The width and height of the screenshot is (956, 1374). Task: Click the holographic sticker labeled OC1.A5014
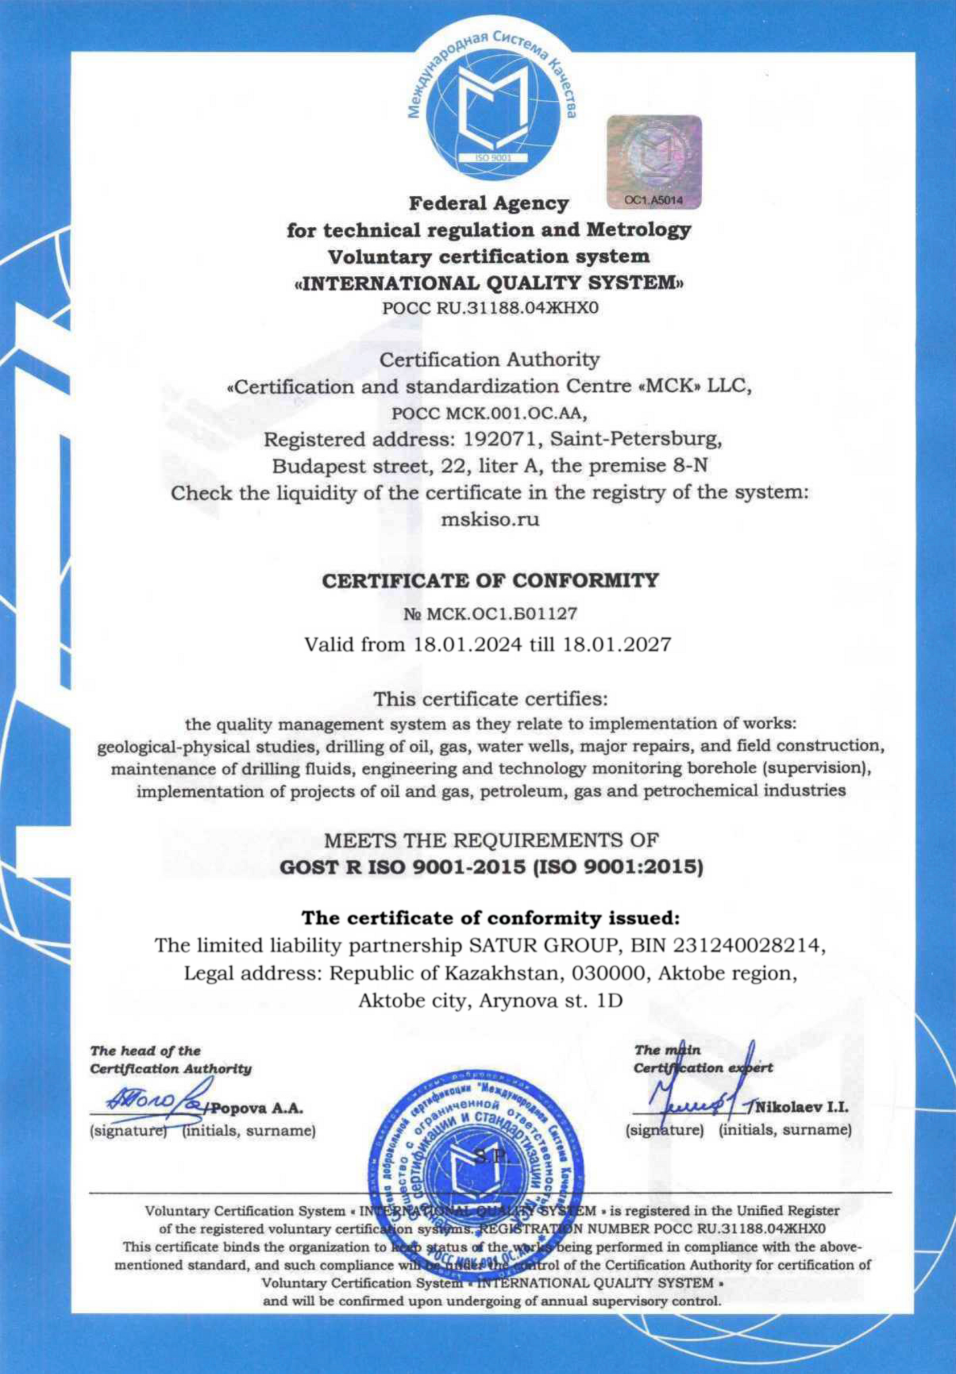pyautogui.click(x=654, y=162)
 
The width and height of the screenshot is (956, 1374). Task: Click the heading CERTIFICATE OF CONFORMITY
pyautogui.click(x=491, y=581)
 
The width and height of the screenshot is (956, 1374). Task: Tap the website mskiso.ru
pyautogui.click(x=490, y=519)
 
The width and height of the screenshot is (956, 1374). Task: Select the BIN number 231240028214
pyautogui.click(x=746, y=945)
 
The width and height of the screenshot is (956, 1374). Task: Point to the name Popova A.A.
pyautogui.click(x=258, y=1108)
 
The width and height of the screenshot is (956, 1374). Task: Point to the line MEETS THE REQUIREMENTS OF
pyautogui.click(x=491, y=841)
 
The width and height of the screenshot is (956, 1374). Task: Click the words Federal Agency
pyautogui.click(x=488, y=204)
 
